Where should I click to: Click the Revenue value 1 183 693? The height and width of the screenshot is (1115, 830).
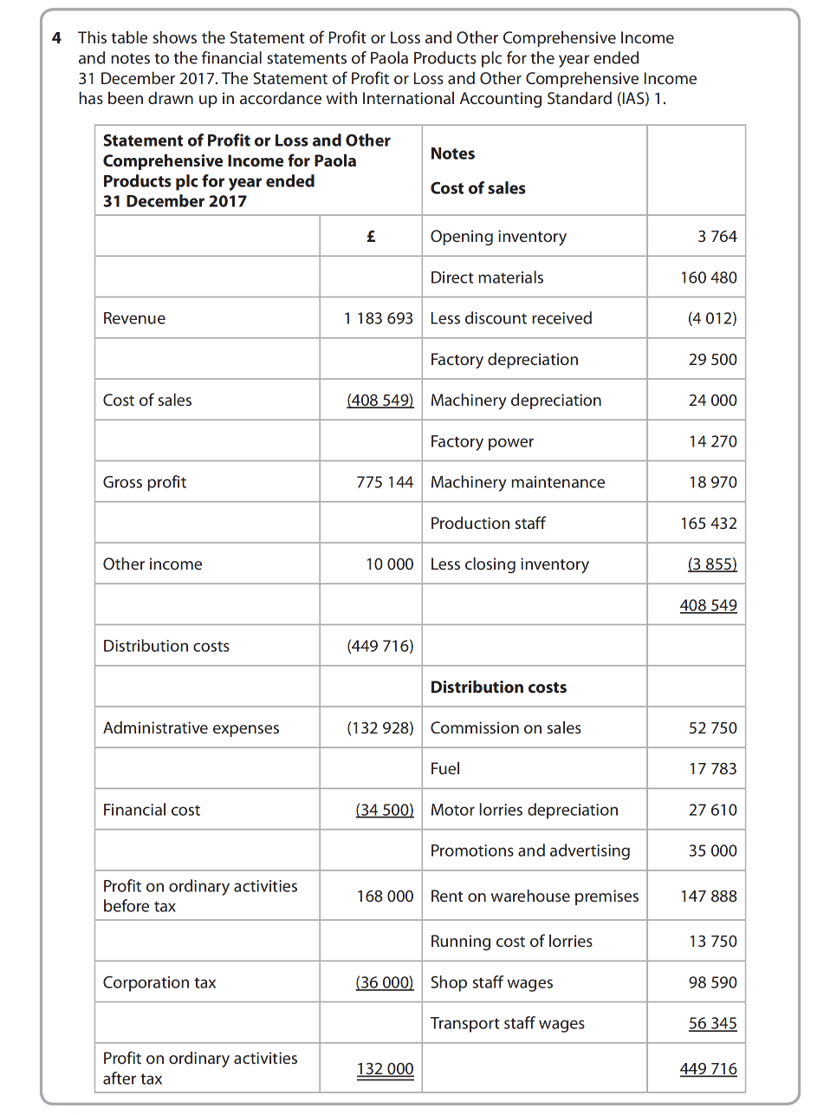tap(378, 318)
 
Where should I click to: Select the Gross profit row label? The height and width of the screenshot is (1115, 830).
tap(145, 482)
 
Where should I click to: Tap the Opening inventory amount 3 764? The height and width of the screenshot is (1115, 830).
tap(717, 237)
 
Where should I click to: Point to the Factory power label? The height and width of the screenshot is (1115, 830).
tap(482, 441)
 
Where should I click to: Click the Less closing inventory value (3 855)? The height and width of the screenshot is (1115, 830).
tap(711, 564)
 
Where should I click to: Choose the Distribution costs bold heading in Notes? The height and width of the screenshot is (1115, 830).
tap(498, 687)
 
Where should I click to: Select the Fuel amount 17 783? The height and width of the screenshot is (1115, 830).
tap(712, 769)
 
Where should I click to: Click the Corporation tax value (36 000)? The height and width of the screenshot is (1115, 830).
tap(384, 982)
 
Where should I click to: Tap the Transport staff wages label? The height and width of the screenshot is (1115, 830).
tap(507, 1023)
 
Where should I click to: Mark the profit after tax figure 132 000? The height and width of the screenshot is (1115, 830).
tap(385, 1069)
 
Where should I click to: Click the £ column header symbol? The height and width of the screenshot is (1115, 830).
tap(371, 236)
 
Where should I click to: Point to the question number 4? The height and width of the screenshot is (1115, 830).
tap(56, 38)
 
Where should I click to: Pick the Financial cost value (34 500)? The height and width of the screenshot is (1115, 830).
tap(384, 810)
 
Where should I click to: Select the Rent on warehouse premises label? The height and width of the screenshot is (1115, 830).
tap(534, 897)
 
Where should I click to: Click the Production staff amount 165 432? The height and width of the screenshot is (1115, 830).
tap(708, 524)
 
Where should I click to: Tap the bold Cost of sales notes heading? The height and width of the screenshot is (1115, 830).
tap(477, 188)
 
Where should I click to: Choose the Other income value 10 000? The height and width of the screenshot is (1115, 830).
tap(389, 564)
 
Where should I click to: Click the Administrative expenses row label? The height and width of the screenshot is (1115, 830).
tap(191, 728)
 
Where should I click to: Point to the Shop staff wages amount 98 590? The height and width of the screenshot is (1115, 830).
tap(712, 982)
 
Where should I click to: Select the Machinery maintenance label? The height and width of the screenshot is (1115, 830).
tap(517, 482)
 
